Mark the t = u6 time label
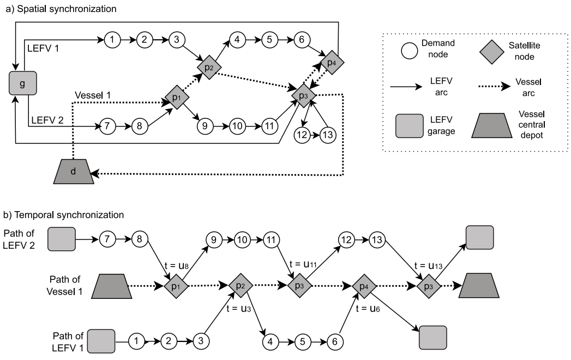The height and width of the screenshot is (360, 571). pos(368,309)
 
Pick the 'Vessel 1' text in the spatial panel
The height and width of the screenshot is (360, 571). pos(92,94)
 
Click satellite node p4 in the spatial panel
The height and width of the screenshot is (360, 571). pos(331,62)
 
